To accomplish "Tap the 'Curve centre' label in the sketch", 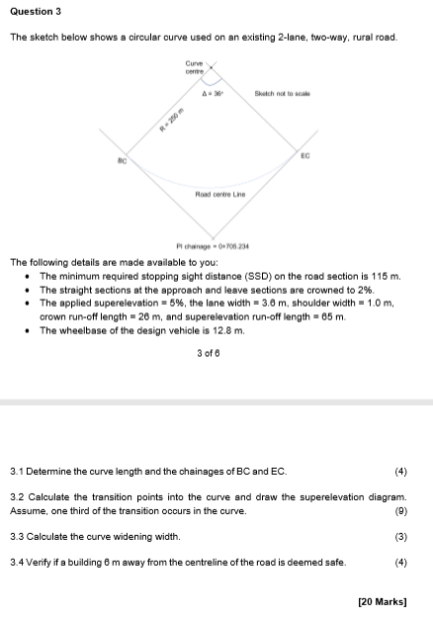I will point(195,67).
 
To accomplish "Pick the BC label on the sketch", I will point(123,159).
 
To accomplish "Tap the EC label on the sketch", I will point(304,155).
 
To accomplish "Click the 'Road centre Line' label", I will point(219,195).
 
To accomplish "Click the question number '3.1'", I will point(17,472).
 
